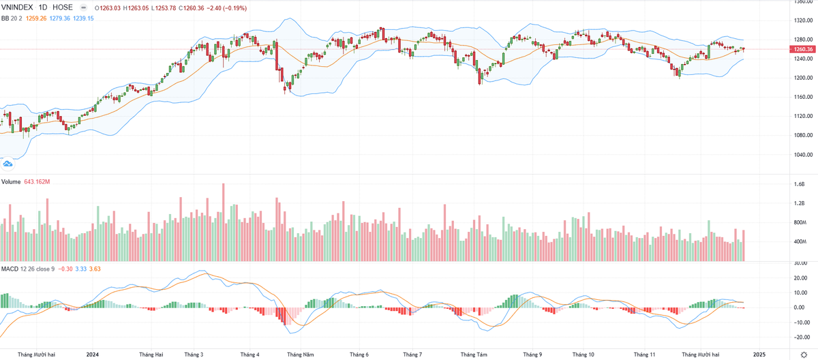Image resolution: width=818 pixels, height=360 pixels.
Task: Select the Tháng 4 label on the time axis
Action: pos(249,355)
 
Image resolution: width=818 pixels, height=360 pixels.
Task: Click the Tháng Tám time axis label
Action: pos(473,355)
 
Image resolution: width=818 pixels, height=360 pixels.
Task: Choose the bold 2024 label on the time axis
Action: pos(93,355)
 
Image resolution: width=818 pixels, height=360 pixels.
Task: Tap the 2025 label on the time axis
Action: pos(759,355)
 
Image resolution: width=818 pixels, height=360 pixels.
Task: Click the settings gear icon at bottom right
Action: pos(804,355)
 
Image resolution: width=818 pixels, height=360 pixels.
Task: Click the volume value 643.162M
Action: pos(37,181)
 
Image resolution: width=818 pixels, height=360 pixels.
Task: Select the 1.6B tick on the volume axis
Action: pos(799,184)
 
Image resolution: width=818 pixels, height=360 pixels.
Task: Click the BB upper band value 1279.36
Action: pos(59,18)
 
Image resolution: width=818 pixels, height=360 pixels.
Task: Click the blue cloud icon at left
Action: pos(8,164)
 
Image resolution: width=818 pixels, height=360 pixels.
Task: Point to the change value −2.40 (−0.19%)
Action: pos(227,8)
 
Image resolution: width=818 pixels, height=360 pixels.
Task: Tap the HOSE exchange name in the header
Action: pos(63,7)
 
